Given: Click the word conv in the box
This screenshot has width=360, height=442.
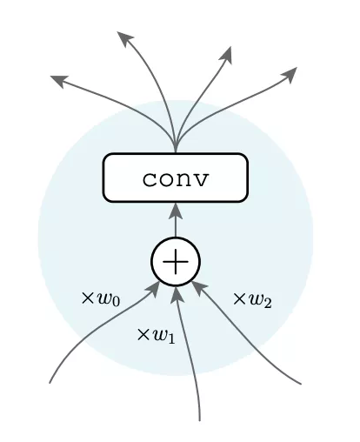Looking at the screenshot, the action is pos(176,179).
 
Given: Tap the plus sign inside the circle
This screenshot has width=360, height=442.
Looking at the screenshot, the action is pos(176,262).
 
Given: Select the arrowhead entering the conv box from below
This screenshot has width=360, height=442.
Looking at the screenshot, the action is pos(176,211).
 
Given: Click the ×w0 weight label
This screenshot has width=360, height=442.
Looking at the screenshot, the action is pos(101,299).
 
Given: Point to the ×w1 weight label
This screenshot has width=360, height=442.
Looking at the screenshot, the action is pos(156,336).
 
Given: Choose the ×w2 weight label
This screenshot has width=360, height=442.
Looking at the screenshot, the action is pos(252,300).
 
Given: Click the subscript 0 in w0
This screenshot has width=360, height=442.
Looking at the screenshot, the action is pos(115,302).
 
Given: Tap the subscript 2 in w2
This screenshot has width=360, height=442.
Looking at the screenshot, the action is pos(267,304).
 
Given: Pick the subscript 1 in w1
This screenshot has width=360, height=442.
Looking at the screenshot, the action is pos(171,339).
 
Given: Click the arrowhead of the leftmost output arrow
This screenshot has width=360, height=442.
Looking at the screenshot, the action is pos(59,81).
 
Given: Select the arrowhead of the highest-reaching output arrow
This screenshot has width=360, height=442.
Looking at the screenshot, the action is pos(124,38).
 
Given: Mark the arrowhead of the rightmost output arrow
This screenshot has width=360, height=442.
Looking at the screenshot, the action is pos(289,75).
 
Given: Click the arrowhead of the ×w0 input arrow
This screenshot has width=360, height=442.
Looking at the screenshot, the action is pos(152,289).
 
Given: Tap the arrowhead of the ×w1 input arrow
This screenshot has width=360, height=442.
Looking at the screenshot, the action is pos(177,294).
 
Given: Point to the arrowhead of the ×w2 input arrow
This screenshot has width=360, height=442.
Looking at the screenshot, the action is pos(199,289).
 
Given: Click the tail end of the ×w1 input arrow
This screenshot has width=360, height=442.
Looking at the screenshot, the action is pos(199,420).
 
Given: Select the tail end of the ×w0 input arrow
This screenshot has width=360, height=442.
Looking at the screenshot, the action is pos(50,383).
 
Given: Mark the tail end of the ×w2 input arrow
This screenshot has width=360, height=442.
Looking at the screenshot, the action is pos(301,384).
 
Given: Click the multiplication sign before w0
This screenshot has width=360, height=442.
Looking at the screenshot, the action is pos(87,298).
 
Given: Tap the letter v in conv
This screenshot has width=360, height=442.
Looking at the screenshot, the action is pos(200,179).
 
